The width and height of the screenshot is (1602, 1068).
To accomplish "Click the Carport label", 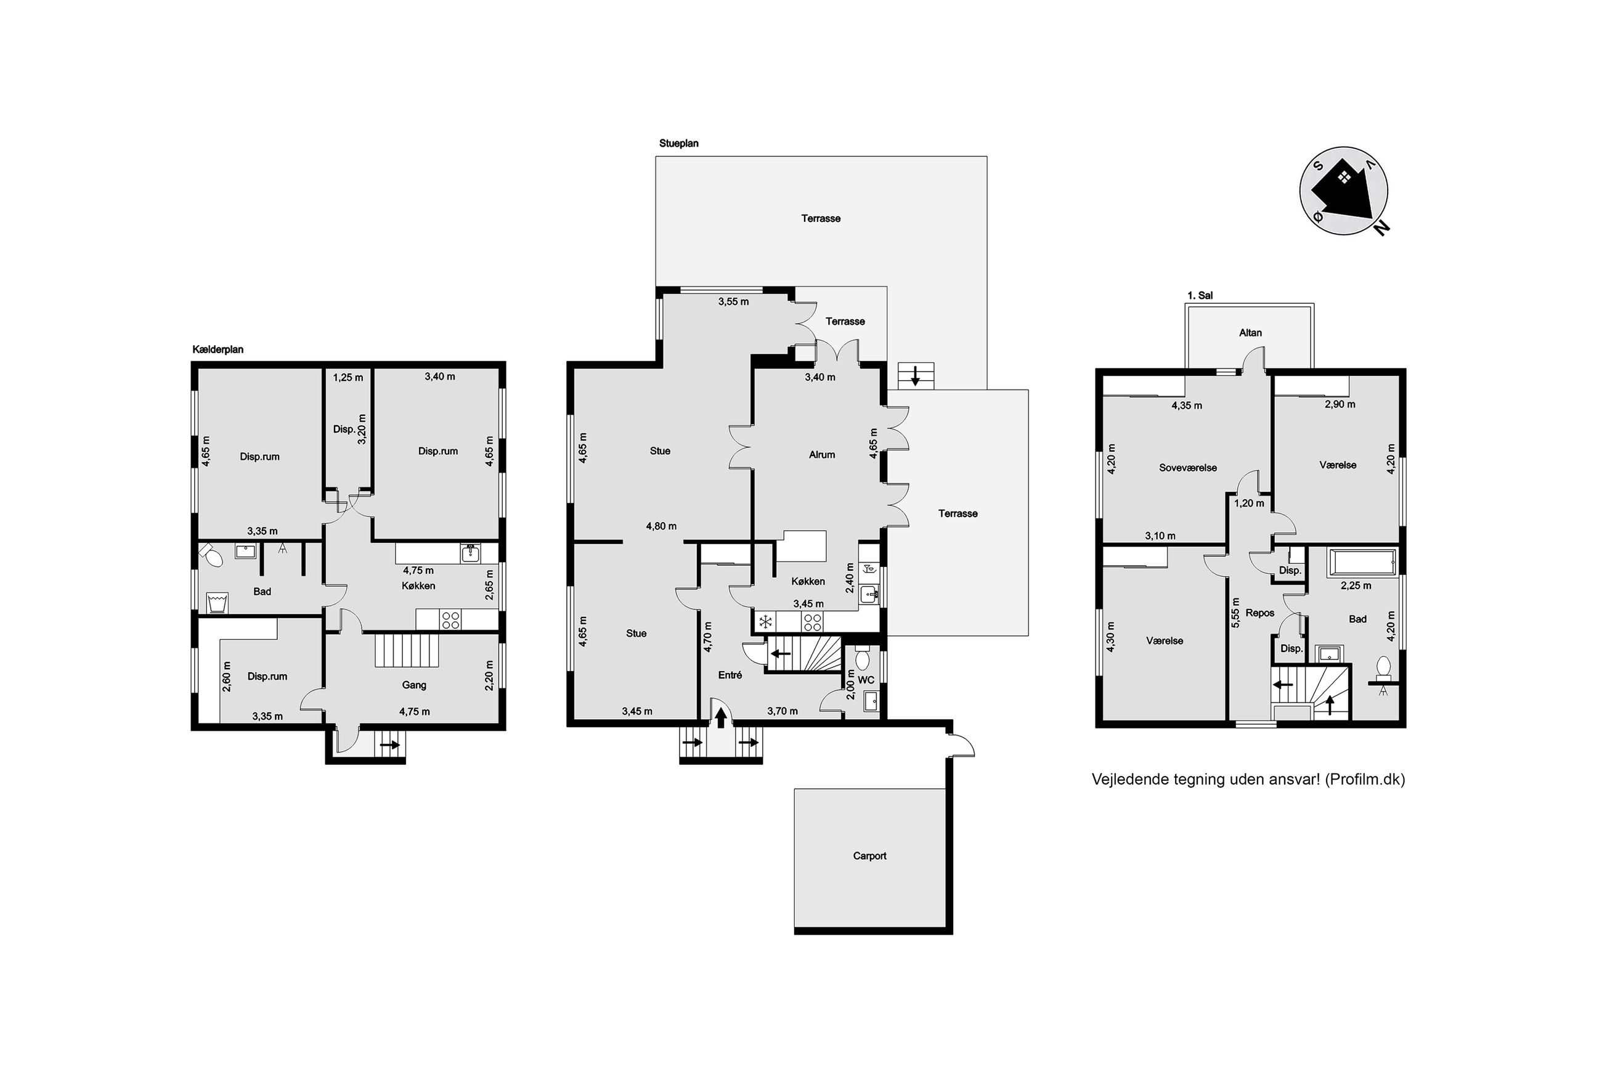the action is pyautogui.click(x=869, y=856).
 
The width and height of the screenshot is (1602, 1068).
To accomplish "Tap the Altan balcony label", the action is pyautogui.click(x=1250, y=333).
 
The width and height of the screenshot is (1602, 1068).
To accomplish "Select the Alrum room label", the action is pyautogui.click(x=822, y=455).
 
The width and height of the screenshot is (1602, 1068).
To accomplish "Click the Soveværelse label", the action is pyautogui.click(x=1187, y=468).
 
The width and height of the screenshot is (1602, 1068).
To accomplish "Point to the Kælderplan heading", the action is pyautogui.click(x=218, y=349).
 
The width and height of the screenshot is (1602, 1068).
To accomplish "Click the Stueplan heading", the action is pyautogui.click(x=679, y=144).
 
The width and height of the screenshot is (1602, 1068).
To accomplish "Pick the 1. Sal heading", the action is pyautogui.click(x=1200, y=296).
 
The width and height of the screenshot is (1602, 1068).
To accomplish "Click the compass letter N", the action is pyautogui.click(x=1381, y=228).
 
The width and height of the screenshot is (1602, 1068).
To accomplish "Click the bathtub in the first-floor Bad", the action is pyautogui.click(x=1363, y=563).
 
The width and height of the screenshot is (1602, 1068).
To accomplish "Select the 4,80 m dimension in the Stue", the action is pyautogui.click(x=661, y=526).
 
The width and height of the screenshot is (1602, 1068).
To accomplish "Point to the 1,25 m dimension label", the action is pyautogui.click(x=348, y=377).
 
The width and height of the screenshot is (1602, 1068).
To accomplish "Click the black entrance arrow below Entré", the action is pyautogui.click(x=721, y=718).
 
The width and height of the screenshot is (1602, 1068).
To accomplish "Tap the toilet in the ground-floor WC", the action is pyautogui.click(x=862, y=658).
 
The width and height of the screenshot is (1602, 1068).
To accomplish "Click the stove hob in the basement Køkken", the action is pyautogui.click(x=450, y=620).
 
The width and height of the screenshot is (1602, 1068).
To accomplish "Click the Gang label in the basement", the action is pyautogui.click(x=414, y=685).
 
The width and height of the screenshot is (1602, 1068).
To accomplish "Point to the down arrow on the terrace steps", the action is pyautogui.click(x=915, y=375).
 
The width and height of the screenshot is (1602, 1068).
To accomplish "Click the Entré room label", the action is pyautogui.click(x=730, y=675).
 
